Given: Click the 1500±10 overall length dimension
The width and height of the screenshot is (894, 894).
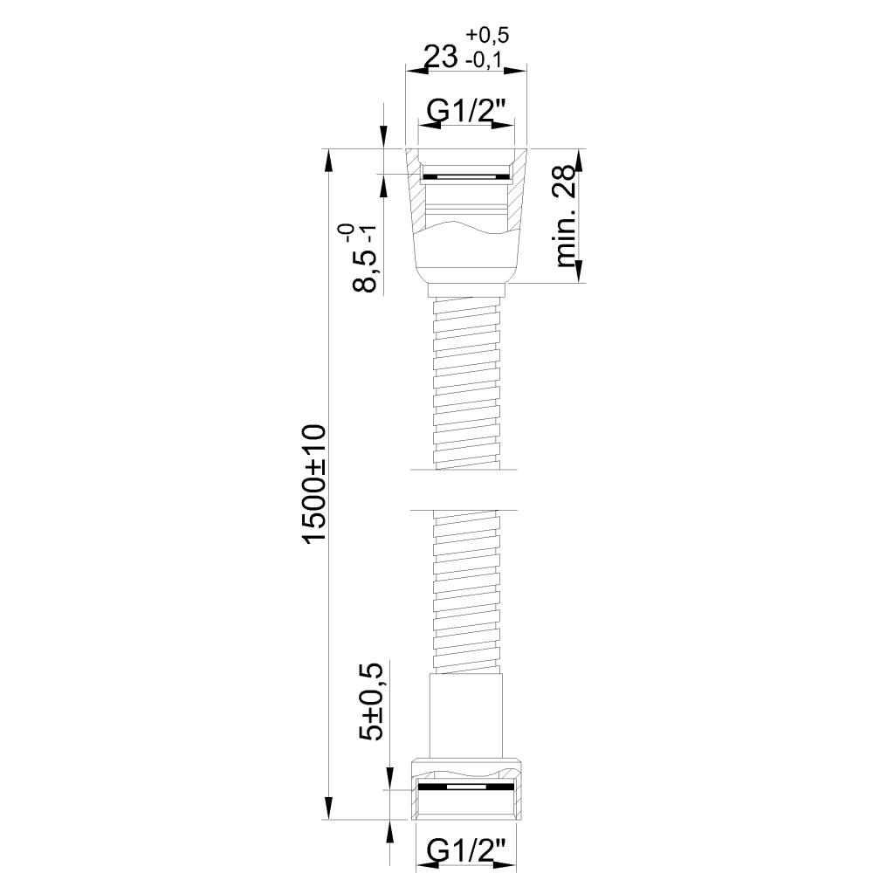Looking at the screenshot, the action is [315, 483].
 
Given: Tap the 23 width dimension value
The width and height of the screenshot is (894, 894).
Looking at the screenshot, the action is [441, 57].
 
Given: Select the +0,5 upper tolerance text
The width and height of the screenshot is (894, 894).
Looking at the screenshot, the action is [487, 35].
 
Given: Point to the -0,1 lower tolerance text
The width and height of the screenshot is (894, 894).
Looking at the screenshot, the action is [484, 59].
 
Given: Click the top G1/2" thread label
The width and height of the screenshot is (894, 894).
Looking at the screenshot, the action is [466, 112].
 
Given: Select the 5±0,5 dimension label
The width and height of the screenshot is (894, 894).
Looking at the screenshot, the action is [372, 702].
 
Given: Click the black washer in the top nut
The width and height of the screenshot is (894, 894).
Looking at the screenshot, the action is [466, 176].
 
